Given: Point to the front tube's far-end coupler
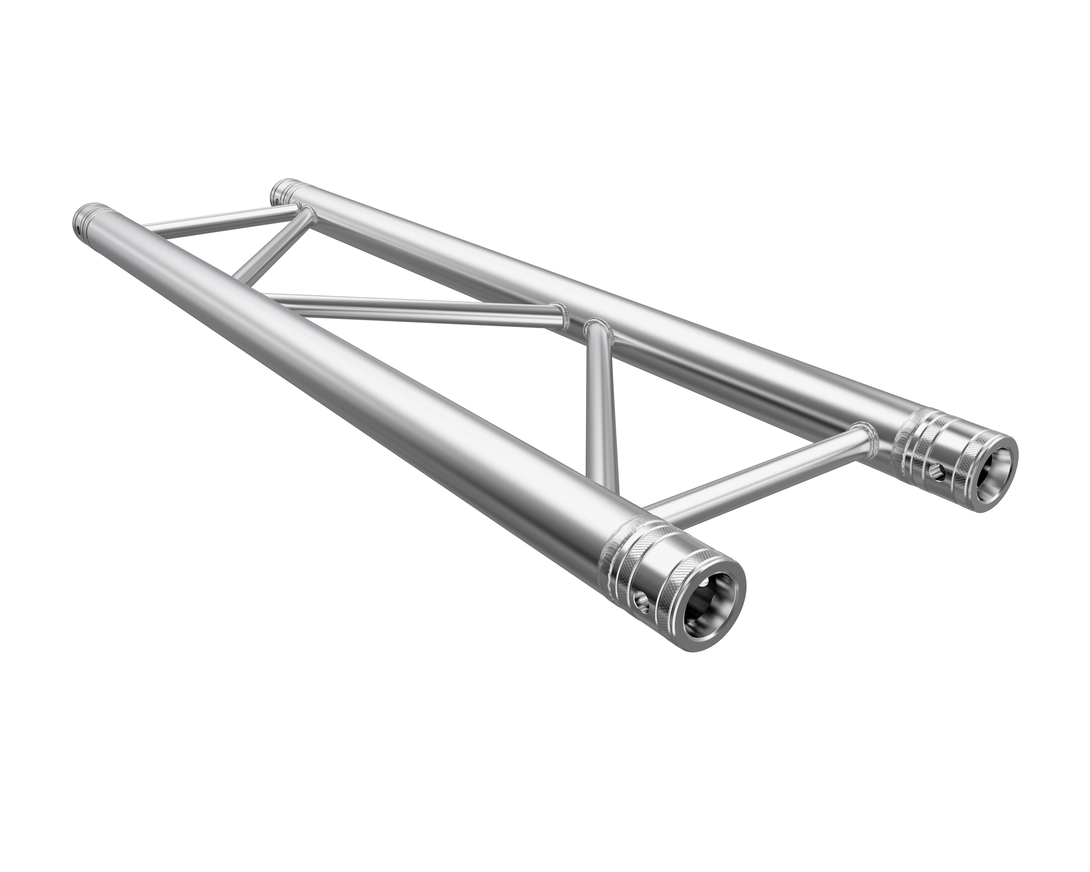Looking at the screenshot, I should [89, 218].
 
